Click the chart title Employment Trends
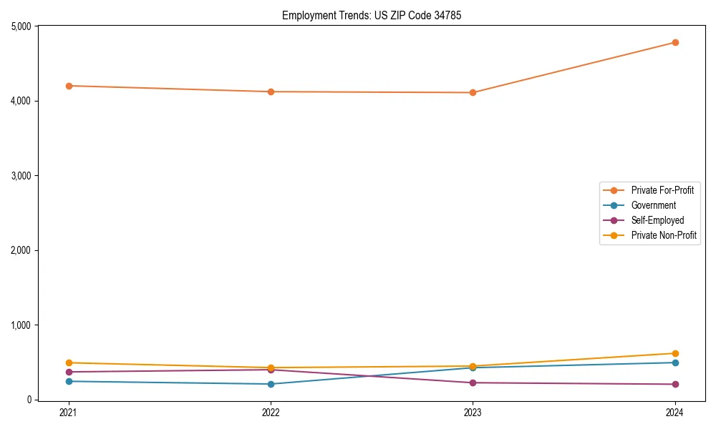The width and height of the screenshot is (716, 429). tap(367, 15)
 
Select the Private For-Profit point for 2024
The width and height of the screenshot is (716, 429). tap(675, 42)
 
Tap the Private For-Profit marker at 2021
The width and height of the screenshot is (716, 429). tap(69, 86)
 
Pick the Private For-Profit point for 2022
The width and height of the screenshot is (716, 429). tap(271, 92)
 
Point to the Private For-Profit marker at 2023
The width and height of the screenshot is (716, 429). tap(473, 92)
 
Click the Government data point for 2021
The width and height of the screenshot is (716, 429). tap(69, 381)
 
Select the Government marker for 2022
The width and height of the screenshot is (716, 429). tap(271, 384)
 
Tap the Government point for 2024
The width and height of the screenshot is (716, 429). tap(675, 363)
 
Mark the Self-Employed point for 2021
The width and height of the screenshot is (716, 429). tap(69, 372)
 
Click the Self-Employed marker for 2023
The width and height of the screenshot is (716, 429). tap(473, 383)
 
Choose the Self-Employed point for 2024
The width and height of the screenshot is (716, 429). tap(675, 384)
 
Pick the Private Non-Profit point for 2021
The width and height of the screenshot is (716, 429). tap(69, 363)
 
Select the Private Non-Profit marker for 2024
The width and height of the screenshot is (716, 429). tap(675, 353)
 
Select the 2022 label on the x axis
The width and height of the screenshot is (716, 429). tap(271, 412)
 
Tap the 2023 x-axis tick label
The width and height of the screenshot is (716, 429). tap(473, 412)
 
